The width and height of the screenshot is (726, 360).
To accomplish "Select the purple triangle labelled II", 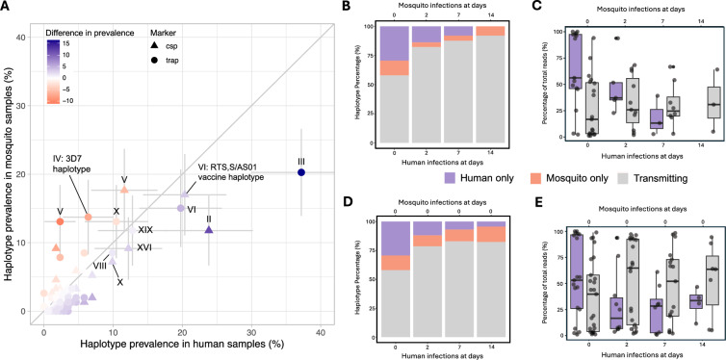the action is [x=209, y=229].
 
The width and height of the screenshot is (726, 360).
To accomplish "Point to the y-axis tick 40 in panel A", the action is [x=22, y=37].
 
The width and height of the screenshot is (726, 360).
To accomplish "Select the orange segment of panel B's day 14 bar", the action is [x=490, y=31].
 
